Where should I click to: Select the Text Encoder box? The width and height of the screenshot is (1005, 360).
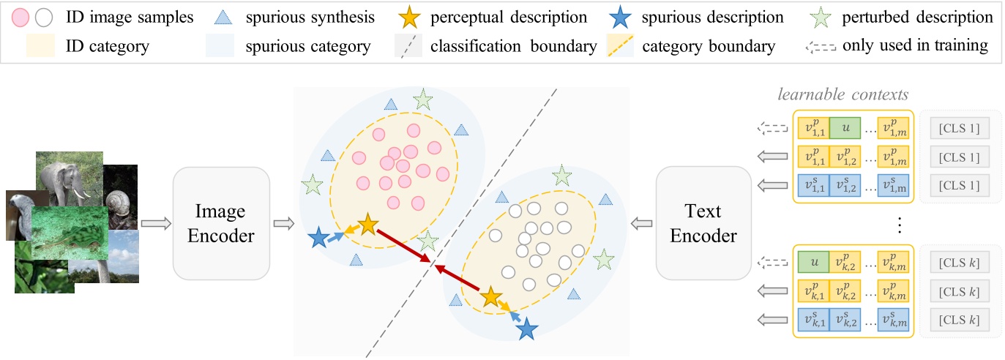pos(703,223)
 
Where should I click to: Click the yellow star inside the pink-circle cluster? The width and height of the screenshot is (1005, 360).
pos(367,225)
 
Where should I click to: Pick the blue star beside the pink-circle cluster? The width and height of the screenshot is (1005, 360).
pos(318,238)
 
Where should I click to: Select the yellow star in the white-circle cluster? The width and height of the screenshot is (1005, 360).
pos(490,297)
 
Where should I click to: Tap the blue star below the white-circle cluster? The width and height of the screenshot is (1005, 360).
pos(526,331)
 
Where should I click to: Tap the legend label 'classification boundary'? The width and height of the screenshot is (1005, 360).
pos(513,47)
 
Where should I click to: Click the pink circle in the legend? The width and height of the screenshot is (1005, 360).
pos(21,17)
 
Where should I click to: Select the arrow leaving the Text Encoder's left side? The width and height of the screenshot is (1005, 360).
pos(642,223)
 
